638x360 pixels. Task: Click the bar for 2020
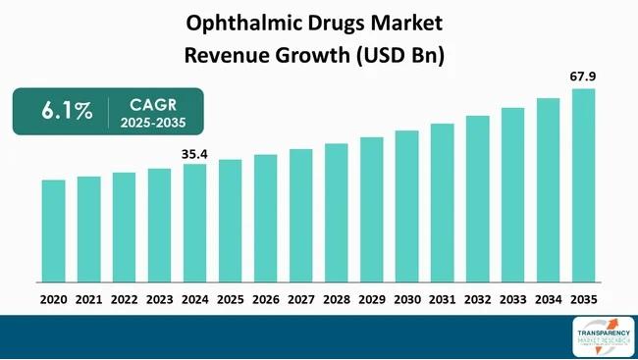click(x=53, y=231)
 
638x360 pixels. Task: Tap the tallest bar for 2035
click(x=583, y=186)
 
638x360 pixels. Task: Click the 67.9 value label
click(x=583, y=76)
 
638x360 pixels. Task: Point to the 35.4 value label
click(x=194, y=152)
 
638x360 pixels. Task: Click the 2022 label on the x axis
click(x=124, y=298)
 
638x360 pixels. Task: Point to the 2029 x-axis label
click(x=371, y=298)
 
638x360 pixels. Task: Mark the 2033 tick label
click(x=512, y=298)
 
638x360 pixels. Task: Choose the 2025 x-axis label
click(x=230, y=298)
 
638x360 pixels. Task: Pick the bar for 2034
click(x=548, y=191)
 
